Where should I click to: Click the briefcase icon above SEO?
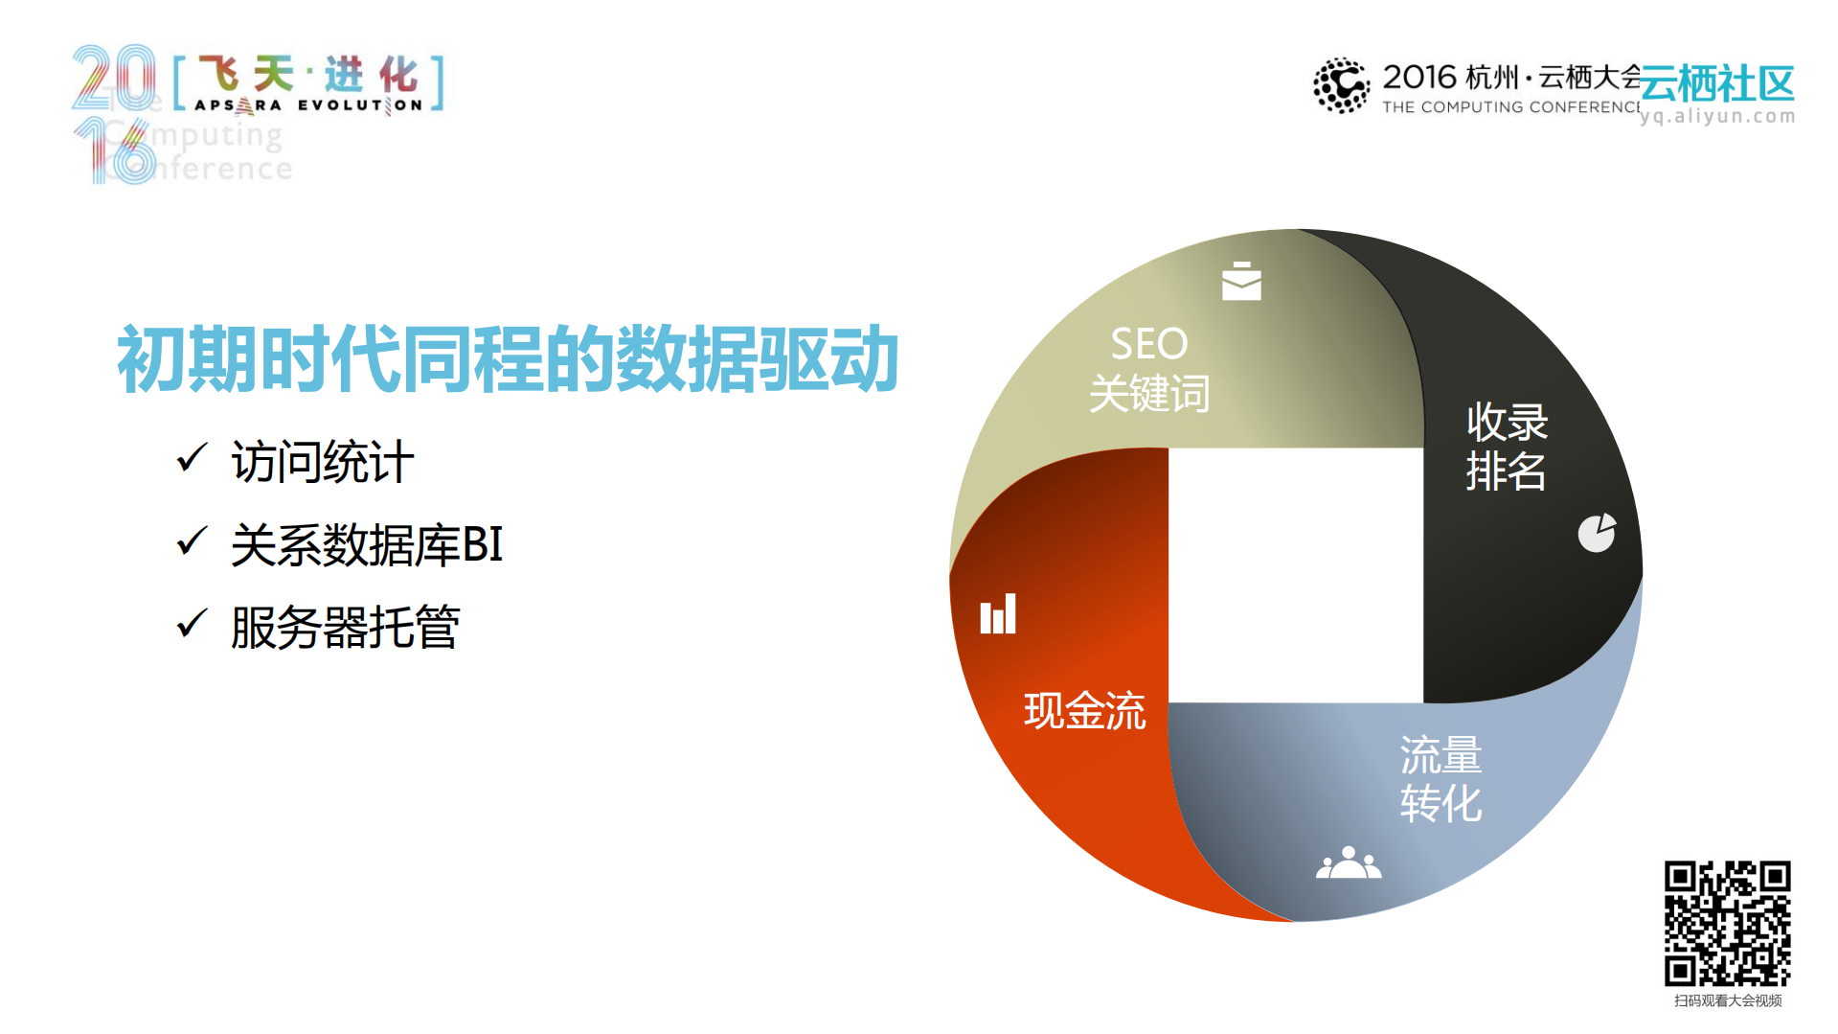coord(1241,281)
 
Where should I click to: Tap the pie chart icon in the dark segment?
coord(1597,533)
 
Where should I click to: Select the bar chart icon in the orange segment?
coord(997,614)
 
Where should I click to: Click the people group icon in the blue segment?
coord(1349,862)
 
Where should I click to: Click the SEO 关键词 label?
coord(1149,369)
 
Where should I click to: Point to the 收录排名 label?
coord(1507,447)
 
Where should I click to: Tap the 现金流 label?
coord(1084,711)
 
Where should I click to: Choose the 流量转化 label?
coord(1441,779)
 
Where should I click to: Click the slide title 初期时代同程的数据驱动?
coord(508,359)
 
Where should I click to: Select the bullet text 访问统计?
coord(323,462)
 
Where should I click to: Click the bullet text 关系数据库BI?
coord(367,545)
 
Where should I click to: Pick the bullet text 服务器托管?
coord(346,628)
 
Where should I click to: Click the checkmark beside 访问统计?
coord(192,458)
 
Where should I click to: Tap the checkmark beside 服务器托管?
coord(192,624)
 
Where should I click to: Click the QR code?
coord(1727,923)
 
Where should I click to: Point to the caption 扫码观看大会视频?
coord(1727,1000)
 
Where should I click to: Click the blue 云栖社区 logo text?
coord(1717,84)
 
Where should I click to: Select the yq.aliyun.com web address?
coord(1717,116)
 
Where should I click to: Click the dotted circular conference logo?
coord(1341,85)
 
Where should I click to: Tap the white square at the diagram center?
coord(1296,575)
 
